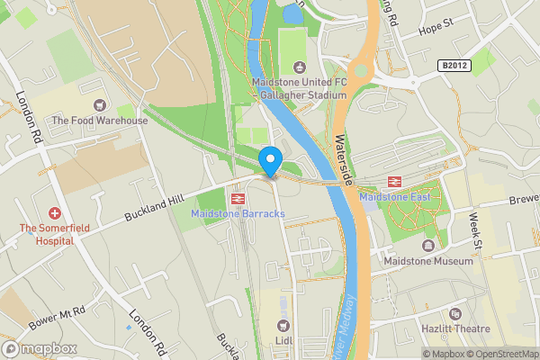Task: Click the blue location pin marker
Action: tap(270, 161)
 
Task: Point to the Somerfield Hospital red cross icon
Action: tap(54, 213)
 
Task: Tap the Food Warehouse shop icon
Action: tap(99, 105)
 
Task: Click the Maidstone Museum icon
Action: tap(427, 246)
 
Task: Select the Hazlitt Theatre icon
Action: tap(455, 314)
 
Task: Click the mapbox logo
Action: tap(40, 348)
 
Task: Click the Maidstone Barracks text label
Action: tap(238, 213)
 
